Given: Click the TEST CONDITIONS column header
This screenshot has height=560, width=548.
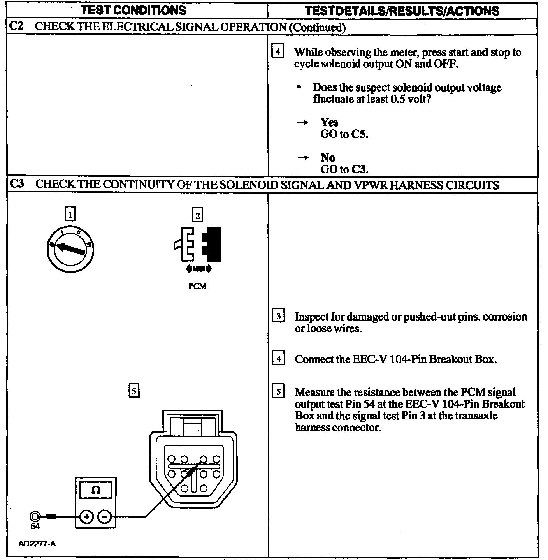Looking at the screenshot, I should coord(133,10).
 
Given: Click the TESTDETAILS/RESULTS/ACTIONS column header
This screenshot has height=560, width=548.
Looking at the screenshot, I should coord(402,11).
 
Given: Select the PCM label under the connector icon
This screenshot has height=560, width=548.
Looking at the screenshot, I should coord(197,286).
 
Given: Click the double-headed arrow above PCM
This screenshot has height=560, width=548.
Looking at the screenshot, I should coord(199,268).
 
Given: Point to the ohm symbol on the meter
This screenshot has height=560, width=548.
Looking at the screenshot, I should coord(95,490).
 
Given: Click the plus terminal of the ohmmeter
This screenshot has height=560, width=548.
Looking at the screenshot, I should coord(86,517).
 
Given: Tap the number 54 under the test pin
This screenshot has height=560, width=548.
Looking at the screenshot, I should coord(35,527).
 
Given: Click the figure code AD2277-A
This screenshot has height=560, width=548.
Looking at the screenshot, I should coord(37,544).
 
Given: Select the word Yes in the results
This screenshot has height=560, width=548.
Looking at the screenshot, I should coord(329,122).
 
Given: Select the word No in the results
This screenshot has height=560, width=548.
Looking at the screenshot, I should coord(328,157).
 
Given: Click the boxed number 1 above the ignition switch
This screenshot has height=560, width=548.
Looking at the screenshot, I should coord(70,214).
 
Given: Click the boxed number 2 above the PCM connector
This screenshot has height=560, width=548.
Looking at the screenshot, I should coord(198,215).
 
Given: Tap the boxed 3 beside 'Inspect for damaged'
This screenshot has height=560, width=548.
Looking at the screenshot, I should coord(278,316).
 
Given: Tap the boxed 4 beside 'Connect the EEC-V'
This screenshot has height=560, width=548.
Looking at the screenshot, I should coord(278,358).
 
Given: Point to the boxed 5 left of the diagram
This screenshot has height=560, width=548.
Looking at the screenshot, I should coord(134,391).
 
